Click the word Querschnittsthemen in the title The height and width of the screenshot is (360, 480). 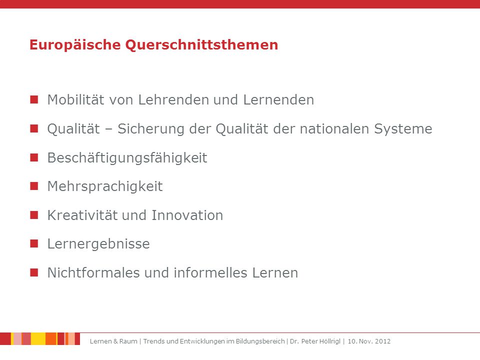click(201, 45)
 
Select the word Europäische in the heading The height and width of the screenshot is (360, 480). click(75, 44)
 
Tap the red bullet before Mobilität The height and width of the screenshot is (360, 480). click(34, 99)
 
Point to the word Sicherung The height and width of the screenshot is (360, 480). click(151, 129)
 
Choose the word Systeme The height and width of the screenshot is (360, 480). click(403, 129)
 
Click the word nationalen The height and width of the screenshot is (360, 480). click(334, 129)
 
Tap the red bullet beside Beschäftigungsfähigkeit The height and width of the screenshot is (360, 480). click(34, 157)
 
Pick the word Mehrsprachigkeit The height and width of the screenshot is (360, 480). click(105, 186)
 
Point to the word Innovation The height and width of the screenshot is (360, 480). click(187, 215)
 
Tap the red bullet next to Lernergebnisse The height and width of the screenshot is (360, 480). click(34, 243)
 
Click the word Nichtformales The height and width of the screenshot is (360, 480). click(93, 273)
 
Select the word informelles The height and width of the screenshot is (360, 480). click(210, 273)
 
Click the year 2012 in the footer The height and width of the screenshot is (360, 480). click(382, 341)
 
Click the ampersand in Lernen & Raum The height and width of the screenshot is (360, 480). click(115, 341)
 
